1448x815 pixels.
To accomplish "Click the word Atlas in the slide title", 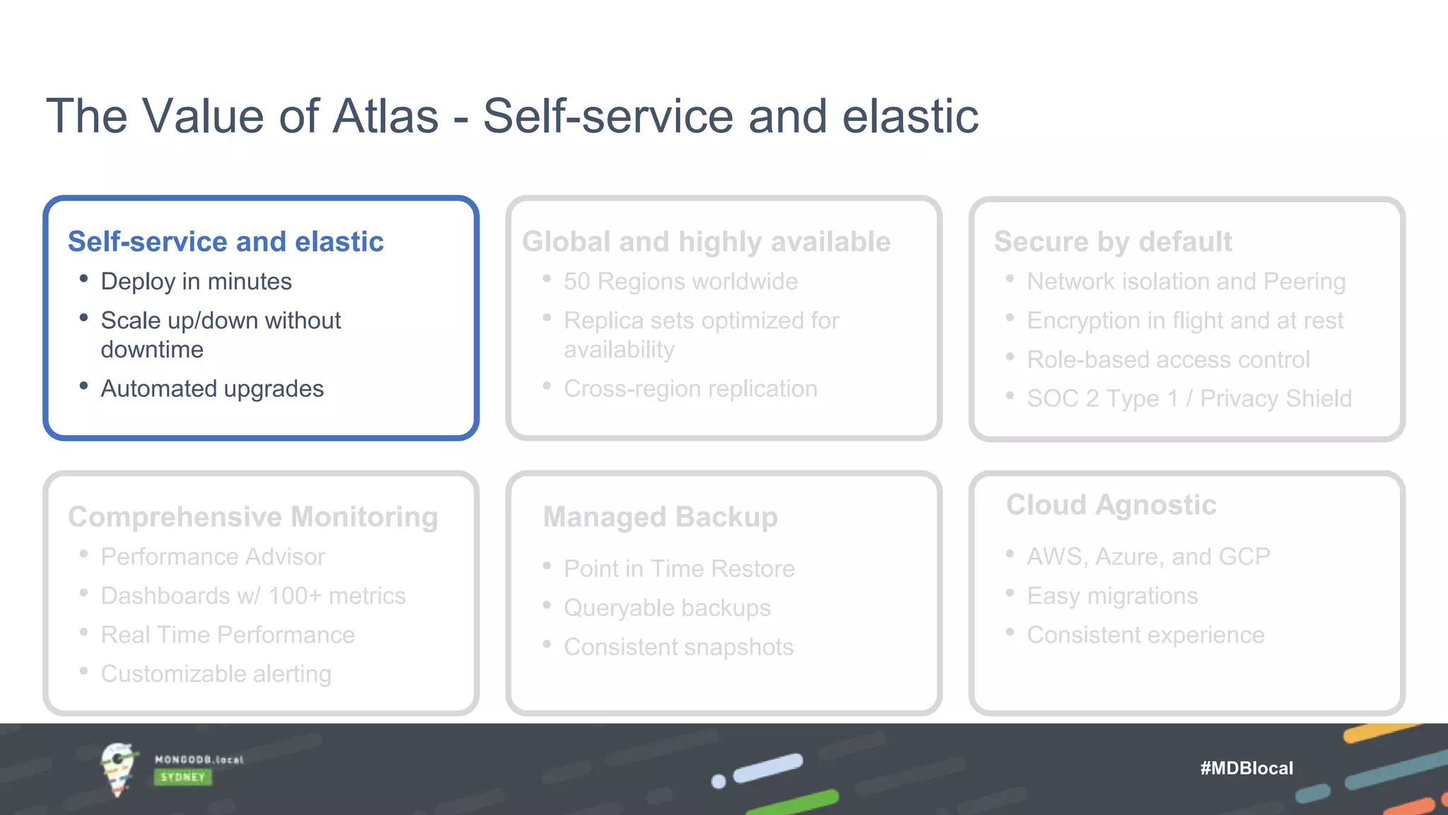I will (x=385, y=116).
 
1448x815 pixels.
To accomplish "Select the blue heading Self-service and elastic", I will (x=226, y=242).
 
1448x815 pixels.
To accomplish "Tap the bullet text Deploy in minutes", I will (x=196, y=282).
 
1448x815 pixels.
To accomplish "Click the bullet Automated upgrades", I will (x=212, y=388).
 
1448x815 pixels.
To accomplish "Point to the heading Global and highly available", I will (x=706, y=242).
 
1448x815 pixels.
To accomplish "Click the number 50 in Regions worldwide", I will (x=576, y=282).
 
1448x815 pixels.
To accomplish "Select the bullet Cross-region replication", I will (x=690, y=388).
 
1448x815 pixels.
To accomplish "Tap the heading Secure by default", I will (x=1112, y=242).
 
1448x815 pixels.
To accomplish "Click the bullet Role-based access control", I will (x=1168, y=359).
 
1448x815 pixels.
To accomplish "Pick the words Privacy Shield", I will (x=1275, y=398).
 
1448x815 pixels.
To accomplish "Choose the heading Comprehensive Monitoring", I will (x=252, y=517).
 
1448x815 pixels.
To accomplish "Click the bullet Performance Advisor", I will (x=213, y=557).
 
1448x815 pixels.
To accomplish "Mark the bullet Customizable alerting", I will (x=216, y=674).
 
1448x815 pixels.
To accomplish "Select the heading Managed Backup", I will (x=660, y=517).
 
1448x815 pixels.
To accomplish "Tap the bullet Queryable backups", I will (x=667, y=608).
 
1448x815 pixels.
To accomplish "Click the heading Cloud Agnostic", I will (x=1111, y=505).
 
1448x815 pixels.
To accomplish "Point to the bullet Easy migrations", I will (x=1112, y=596).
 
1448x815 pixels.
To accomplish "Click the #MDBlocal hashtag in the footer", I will (x=1246, y=768).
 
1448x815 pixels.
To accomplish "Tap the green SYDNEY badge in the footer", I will (x=182, y=778).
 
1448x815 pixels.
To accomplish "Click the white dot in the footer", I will (x=718, y=782).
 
